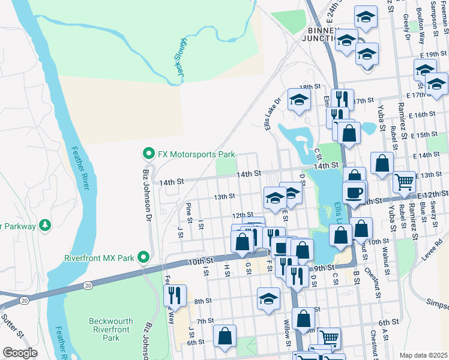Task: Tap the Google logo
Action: (20, 353)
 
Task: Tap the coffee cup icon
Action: (354, 192)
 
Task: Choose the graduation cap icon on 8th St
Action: (268, 298)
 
